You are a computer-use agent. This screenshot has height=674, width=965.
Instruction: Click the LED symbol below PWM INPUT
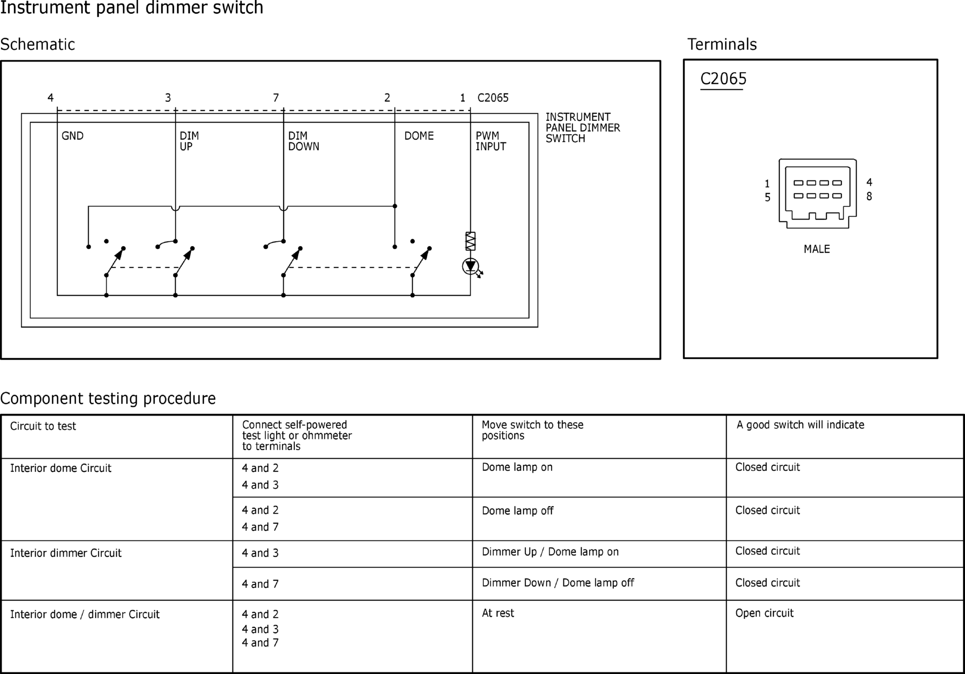point(471,266)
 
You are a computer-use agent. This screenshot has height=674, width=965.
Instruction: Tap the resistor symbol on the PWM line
point(470,241)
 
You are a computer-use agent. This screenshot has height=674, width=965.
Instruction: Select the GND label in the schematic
point(72,136)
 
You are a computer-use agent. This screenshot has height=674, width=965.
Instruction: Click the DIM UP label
point(189,141)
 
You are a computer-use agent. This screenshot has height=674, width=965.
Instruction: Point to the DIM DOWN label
point(303,141)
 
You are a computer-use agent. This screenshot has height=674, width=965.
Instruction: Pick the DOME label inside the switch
point(419,136)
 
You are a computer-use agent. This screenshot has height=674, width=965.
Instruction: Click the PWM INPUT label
point(490,141)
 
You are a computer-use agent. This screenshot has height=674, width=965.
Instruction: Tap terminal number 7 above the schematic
point(276,98)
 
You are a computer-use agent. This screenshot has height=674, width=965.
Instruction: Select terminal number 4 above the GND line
point(50,98)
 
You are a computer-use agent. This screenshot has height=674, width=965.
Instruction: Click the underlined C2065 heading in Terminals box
point(723,79)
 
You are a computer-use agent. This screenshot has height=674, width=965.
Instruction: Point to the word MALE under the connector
point(816,249)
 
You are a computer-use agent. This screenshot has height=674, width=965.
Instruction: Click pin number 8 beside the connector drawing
point(869,197)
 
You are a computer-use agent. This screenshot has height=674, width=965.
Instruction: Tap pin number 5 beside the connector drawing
point(767,197)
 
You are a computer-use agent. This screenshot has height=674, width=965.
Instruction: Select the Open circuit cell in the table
point(764,613)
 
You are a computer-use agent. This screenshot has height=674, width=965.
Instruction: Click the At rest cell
point(498,613)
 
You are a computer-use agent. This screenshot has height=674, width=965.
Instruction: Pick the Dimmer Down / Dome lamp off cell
point(558,583)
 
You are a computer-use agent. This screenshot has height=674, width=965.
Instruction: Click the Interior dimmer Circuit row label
point(66,553)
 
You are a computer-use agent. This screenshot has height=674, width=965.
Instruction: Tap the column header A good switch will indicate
point(800,425)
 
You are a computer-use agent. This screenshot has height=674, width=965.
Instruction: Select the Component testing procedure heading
point(108,398)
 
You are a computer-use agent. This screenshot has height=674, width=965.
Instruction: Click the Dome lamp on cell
point(517,467)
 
